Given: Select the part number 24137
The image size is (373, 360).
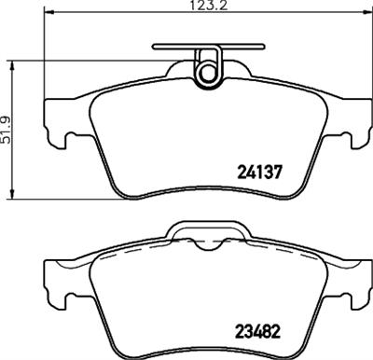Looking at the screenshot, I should point(262,171).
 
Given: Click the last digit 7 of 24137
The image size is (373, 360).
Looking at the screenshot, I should point(279,171).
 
